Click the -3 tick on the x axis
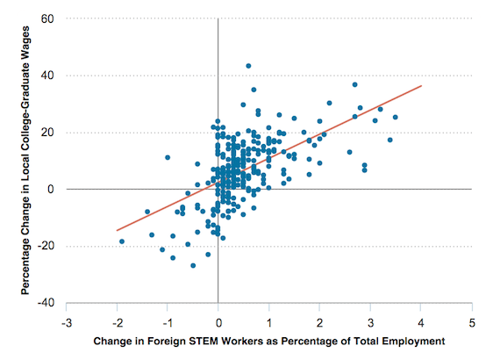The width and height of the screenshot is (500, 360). click(65, 320)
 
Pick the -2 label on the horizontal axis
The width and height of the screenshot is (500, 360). click(116, 320)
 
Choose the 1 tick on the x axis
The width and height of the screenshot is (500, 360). click(269, 320)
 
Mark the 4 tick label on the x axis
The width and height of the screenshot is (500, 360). click(422, 320)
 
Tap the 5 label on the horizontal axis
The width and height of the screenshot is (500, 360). click(473, 320)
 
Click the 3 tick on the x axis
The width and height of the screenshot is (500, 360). click(371, 320)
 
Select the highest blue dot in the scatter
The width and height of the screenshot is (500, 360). click(248, 66)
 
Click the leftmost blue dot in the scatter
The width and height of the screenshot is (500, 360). click(122, 241)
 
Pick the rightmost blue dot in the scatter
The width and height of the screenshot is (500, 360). click(396, 117)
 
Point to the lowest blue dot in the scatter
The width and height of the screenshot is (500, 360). click(193, 265)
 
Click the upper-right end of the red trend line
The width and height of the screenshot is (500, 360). click(422, 86)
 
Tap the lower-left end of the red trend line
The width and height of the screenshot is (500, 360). click(117, 230)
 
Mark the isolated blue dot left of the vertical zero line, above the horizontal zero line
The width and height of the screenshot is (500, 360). click(168, 157)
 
